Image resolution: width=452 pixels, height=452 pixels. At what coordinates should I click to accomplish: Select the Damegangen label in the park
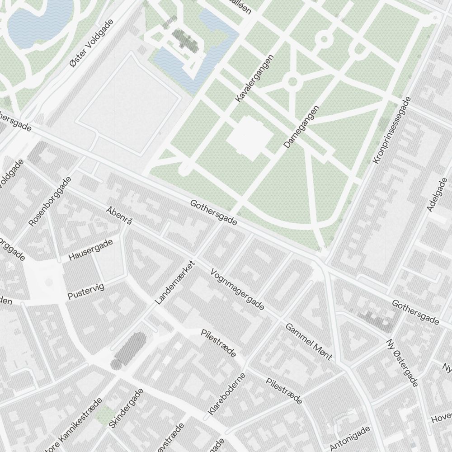tap(301, 127)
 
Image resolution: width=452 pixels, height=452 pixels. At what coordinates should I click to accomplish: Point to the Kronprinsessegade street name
tap(392, 131)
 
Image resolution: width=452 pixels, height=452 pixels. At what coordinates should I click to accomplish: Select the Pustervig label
tap(85, 290)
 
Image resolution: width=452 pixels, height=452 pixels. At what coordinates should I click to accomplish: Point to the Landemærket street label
tap(174, 282)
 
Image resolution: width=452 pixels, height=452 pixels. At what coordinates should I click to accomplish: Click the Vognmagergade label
tap(237, 290)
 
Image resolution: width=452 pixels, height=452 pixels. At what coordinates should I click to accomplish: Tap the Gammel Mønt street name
tap(309, 341)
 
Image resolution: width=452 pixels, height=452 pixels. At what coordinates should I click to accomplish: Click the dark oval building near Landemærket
tap(129, 350)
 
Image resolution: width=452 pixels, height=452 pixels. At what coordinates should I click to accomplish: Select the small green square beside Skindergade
tap(105, 414)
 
